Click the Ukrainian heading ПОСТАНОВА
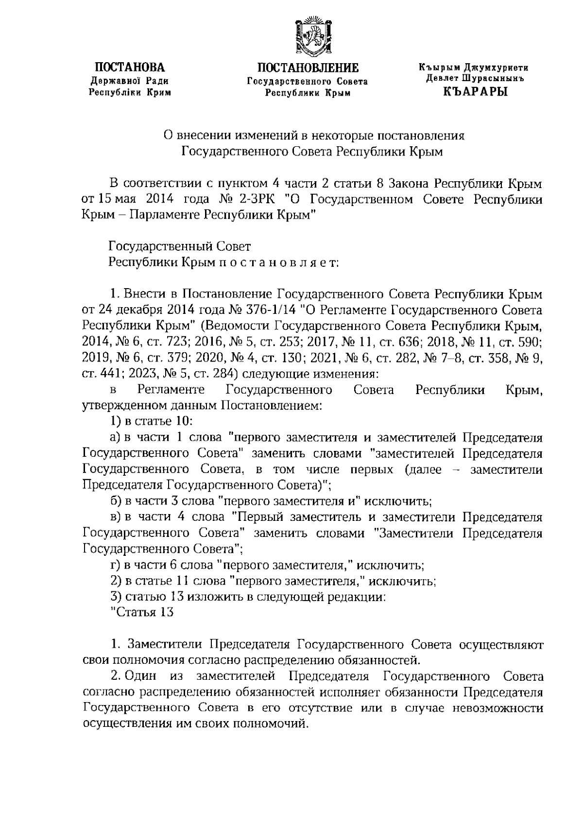129,68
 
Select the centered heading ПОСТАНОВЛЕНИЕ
308,68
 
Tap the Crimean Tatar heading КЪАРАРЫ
475,91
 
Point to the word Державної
114,81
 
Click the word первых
371,469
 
